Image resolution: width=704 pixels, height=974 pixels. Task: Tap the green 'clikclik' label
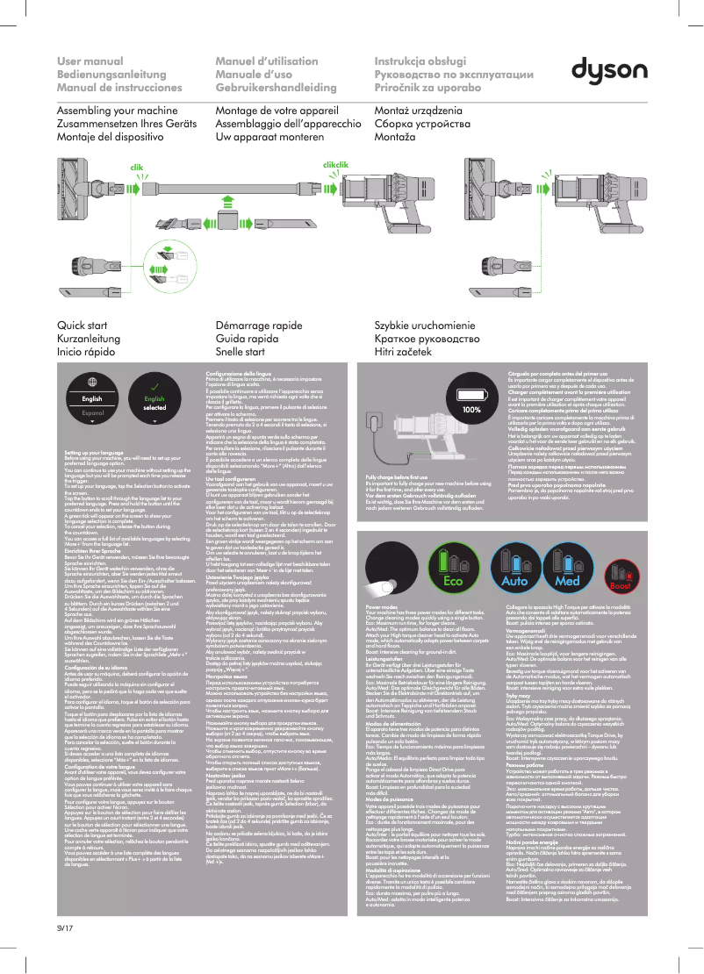tap(336, 164)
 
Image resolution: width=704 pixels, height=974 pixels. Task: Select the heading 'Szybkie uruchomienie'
tap(427, 326)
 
